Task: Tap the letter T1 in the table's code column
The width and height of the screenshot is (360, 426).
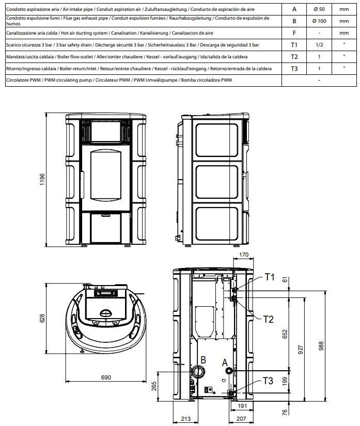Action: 294,45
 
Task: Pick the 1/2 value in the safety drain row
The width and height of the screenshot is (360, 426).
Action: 319,45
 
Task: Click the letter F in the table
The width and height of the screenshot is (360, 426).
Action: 294,33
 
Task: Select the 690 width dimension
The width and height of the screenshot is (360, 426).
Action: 105,377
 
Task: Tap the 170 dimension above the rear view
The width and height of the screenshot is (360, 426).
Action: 244,254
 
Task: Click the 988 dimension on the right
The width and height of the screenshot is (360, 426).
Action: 335,345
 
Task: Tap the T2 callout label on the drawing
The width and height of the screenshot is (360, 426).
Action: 268,319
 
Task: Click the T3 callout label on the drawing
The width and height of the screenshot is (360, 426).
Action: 268,381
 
